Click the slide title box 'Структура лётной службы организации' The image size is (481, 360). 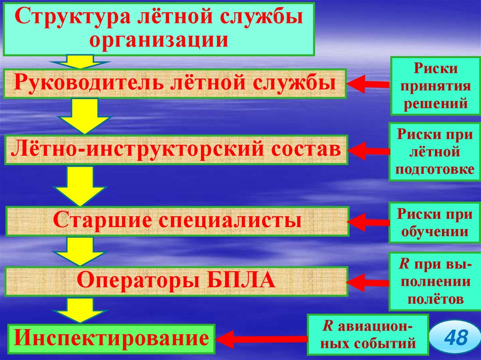[159, 29]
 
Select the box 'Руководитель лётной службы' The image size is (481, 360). [175, 84]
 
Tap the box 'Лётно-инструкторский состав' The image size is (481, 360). [176, 150]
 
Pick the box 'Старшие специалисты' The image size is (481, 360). [177, 221]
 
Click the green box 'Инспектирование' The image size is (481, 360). [110, 338]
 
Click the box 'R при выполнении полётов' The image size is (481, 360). [430, 281]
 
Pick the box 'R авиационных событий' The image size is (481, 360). [368, 335]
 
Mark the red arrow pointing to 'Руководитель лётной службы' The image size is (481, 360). [368, 84]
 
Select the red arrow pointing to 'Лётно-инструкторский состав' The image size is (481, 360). [369, 151]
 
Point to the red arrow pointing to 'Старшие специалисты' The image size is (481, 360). [369, 221]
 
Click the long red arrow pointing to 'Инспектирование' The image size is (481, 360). [263, 337]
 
